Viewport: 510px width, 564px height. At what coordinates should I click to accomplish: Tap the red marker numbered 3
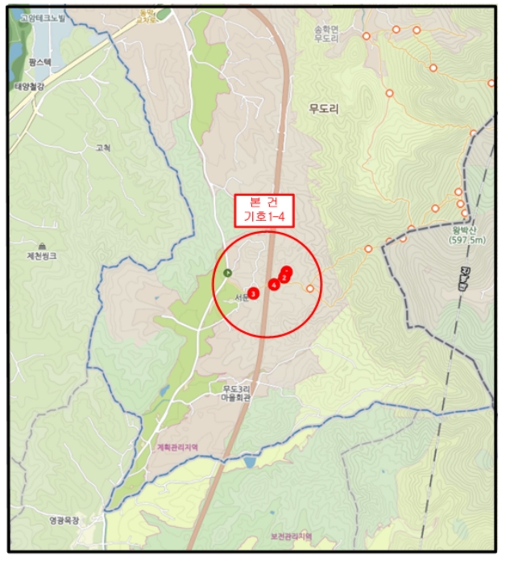[253, 293]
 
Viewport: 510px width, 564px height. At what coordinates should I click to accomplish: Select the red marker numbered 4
[274, 284]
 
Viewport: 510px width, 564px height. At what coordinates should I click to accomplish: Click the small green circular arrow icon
[227, 272]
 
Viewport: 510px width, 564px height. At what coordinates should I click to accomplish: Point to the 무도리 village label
[324, 110]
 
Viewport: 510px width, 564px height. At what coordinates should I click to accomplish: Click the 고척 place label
[103, 147]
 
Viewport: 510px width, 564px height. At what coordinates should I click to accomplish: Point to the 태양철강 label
[31, 87]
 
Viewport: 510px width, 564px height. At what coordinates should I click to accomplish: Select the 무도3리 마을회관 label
[239, 394]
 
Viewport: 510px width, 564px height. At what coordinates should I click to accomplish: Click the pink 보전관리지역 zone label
[291, 536]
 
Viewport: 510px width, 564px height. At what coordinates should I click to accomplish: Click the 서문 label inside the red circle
[240, 297]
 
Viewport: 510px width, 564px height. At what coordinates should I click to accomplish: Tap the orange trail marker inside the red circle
[309, 288]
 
